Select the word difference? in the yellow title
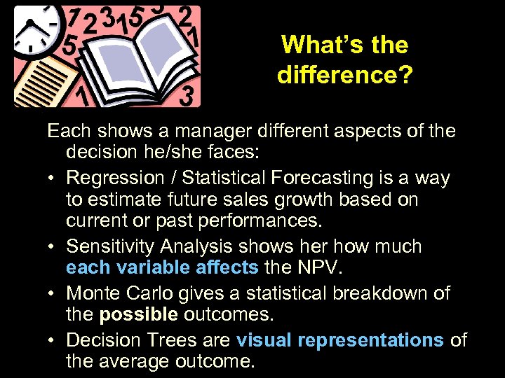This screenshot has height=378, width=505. pyautogui.click(x=345, y=74)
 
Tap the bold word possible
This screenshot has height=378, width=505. pyautogui.click(x=138, y=315)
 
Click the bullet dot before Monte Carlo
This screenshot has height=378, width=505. pyautogui.click(x=54, y=293)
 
